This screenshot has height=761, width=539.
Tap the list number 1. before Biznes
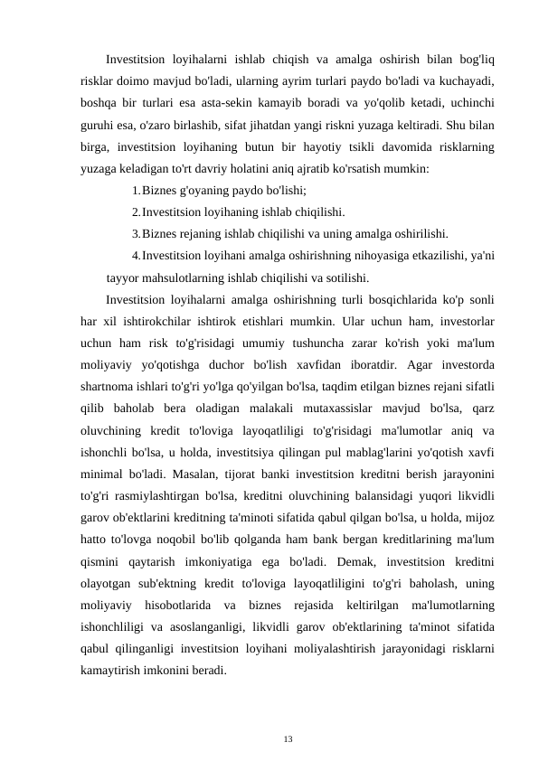[x=136, y=191]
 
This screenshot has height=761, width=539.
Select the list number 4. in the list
[x=136, y=255]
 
